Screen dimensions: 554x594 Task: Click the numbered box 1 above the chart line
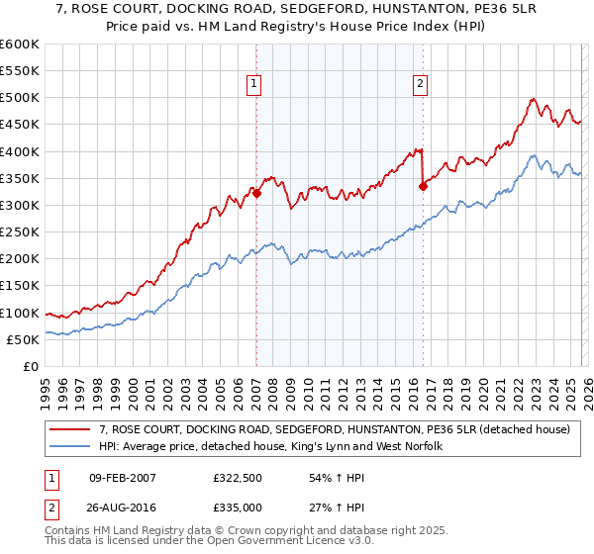255,85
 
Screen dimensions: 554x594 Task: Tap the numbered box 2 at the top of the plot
421,85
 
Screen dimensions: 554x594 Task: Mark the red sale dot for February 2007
256,193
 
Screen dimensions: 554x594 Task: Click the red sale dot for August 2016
423,186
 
